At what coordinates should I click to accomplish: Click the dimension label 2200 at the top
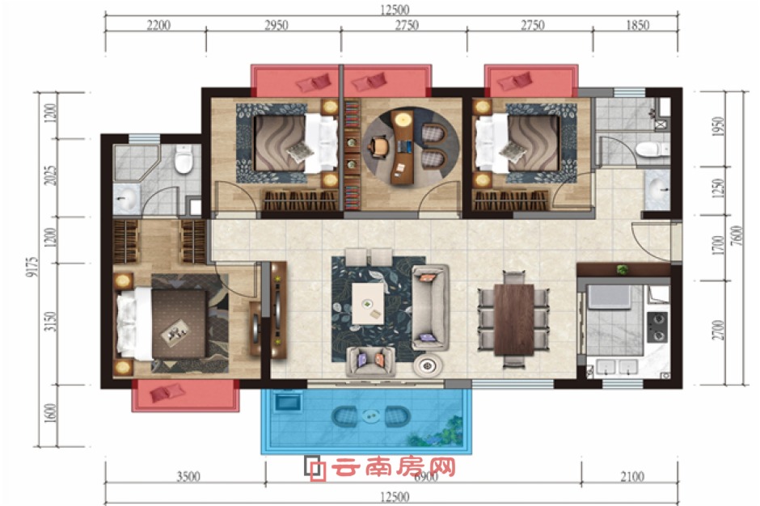158,25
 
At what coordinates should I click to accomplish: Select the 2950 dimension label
275,25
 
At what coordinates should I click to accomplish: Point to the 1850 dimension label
637,25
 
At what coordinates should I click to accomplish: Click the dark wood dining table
514,318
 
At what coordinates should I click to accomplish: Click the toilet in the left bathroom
184,160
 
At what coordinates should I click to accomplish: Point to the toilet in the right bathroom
648,149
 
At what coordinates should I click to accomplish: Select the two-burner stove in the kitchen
657,326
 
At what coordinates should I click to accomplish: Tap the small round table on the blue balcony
371,418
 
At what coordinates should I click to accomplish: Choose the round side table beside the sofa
428,365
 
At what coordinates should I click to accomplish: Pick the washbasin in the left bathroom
126,196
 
